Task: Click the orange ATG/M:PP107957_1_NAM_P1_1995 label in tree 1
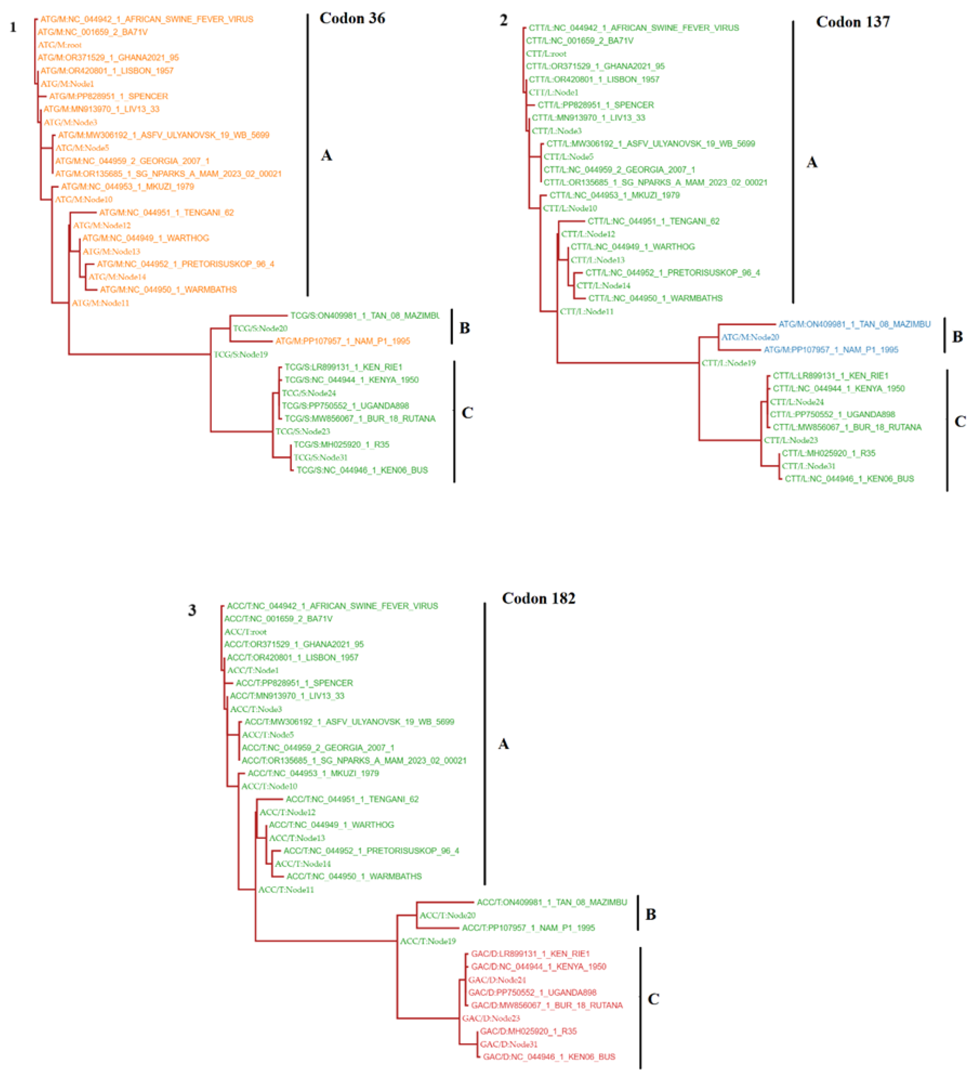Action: pos(343,341)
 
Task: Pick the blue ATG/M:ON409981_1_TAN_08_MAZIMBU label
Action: pos(854,324)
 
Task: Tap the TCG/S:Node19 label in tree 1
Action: pos(240,354)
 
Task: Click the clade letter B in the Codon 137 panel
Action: pos(957,337)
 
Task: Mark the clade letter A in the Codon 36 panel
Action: pos(326,156)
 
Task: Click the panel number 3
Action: pos(192,610)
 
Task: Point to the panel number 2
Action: pos(503,20)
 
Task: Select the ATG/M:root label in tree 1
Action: pos(59,45)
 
